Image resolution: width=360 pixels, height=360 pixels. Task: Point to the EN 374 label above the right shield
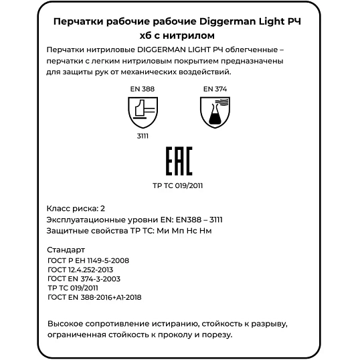(213, 88)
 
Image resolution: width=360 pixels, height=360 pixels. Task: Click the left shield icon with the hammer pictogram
(143, 111)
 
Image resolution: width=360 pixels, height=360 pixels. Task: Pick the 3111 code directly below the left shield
(142, 135)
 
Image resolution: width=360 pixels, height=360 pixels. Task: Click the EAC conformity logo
(178, 162)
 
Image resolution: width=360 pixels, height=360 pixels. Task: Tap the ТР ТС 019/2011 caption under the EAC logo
(178, 187)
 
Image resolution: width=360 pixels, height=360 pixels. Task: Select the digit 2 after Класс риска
(103, 208)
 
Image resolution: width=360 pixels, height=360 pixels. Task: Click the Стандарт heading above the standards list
(68, 250)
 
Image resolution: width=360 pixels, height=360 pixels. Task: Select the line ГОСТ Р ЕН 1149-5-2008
(89, 260)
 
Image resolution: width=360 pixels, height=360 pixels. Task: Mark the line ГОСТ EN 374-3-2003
(84, 278)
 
